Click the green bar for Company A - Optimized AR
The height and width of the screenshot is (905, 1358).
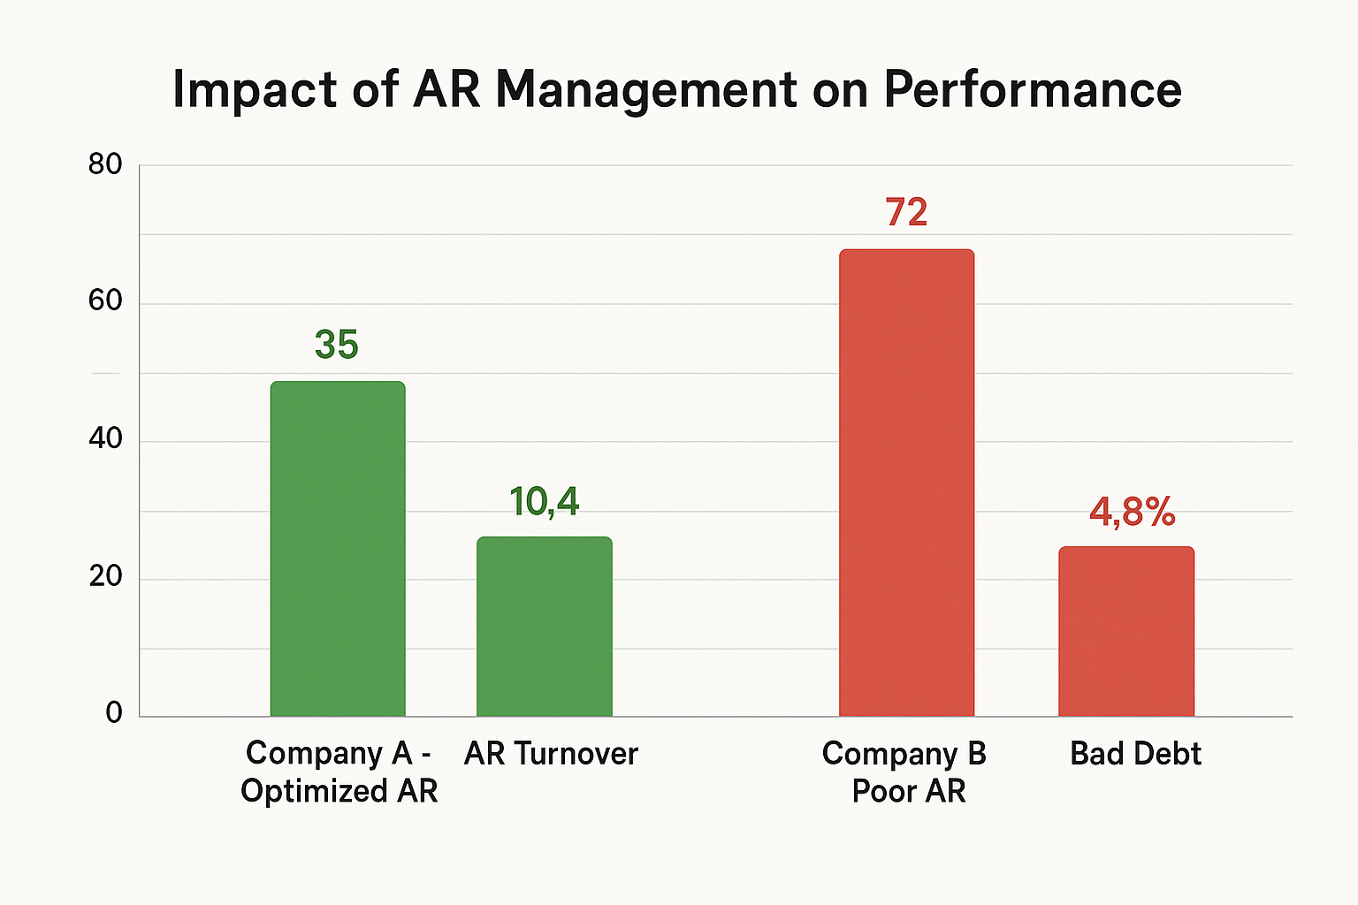tap(338, 548)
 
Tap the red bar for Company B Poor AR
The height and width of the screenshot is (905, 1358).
tap(906, 483)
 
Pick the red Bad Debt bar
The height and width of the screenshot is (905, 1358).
tap(1126, 631)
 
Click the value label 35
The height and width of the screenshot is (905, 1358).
tap(336, 345)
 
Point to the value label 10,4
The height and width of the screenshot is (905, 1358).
tap(544, 502)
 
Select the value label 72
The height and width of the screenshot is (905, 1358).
tap(906, 213)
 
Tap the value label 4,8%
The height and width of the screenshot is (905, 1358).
tap(1132, 512)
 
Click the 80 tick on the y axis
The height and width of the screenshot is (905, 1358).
tap(105, 164)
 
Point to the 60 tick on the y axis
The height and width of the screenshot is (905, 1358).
tap(105, 300)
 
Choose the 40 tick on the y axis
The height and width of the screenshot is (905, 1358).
tap(105, 438)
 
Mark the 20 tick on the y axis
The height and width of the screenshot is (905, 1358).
tap(105, 576)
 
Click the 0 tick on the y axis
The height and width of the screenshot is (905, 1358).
tap(113, 713)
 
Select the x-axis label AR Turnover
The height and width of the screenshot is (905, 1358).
tap(551, 754)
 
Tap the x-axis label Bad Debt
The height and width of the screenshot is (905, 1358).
tap(1135, 754)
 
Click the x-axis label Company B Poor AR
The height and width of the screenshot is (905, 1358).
tap(905, 772)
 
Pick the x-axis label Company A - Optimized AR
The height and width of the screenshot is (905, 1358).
tap(339, 772)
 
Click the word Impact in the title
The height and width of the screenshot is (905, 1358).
tap(255, 90)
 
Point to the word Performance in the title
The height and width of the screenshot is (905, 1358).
tap(1032, 90)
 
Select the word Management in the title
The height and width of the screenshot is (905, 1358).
tap(646, 90)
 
